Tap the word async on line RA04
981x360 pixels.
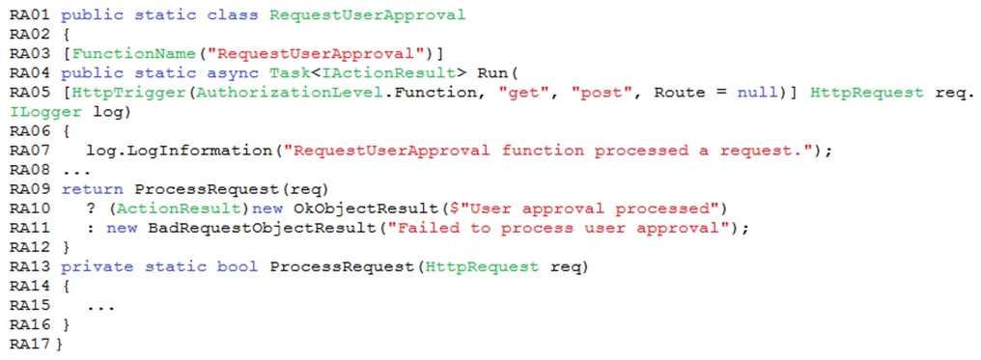coord(238,73)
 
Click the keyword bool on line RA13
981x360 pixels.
coord(238,267)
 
